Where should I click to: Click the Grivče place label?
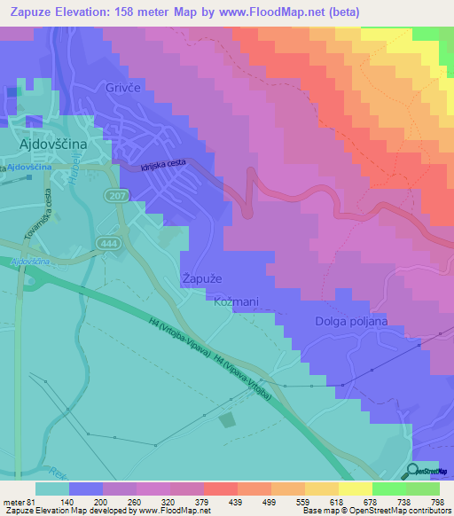coord(124,89)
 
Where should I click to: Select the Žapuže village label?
coord(203,278)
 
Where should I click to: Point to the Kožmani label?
coord(237,302)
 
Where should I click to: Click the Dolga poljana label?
coord(349,322)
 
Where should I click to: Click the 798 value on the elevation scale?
coord(436,502)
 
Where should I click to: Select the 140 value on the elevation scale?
coord(67,502)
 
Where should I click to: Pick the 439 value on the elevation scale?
coord(235,502)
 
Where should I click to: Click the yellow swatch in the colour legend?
coord(356,489)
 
